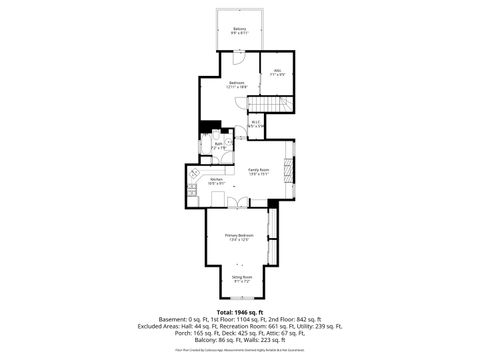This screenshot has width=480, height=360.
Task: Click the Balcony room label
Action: tap(240, 30)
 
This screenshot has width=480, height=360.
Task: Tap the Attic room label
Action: tap(278, 72)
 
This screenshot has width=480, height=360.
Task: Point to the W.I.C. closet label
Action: tap(256, 124)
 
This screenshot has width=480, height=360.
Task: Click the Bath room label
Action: tap(218, 146)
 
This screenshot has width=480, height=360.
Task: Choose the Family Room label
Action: tap(258, 173)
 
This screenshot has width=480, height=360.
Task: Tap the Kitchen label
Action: tap(216, 181)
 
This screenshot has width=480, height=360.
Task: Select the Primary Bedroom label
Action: tap(239, 238)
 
